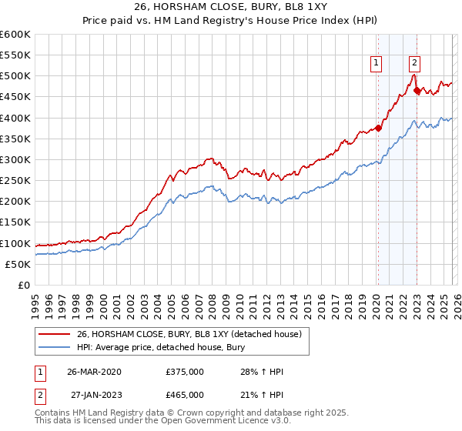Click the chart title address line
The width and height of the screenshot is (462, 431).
point(231,8)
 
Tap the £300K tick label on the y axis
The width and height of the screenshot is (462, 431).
point(16,159)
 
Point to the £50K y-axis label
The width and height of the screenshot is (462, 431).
point(18,264)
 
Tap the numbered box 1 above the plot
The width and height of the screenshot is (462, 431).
point(377,64)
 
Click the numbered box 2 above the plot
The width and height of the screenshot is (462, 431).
point(414,64)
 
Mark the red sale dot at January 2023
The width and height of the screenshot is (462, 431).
point(417,91)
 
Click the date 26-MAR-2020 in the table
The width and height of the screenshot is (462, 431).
point(94,372)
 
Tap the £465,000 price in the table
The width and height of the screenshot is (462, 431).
point(185,395)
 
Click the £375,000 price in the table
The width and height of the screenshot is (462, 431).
point(185,372)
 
